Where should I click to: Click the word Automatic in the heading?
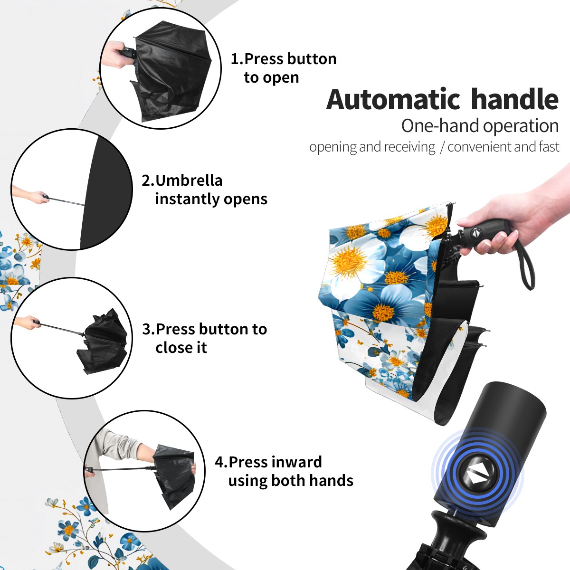(393, 99)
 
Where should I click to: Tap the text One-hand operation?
(480, 126)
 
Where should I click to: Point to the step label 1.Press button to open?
(284, 68)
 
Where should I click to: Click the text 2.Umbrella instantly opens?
(204, 190)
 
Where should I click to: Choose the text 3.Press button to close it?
(204, 338)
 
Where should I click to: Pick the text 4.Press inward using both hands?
(284, 471)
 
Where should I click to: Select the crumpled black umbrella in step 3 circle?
(104, 342)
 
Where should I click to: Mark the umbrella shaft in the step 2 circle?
(67, 201)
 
